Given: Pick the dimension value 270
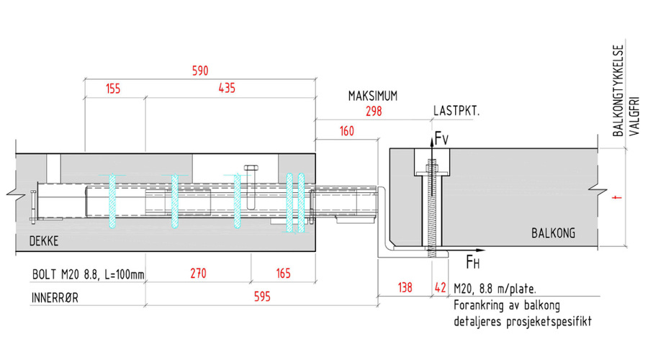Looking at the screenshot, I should click(198, 274).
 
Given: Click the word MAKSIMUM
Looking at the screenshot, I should click(373, 96).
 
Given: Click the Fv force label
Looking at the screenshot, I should click(442, 139).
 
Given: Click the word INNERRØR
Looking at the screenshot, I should click(58, 296).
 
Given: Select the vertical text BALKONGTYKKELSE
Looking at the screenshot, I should click(617, 91).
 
